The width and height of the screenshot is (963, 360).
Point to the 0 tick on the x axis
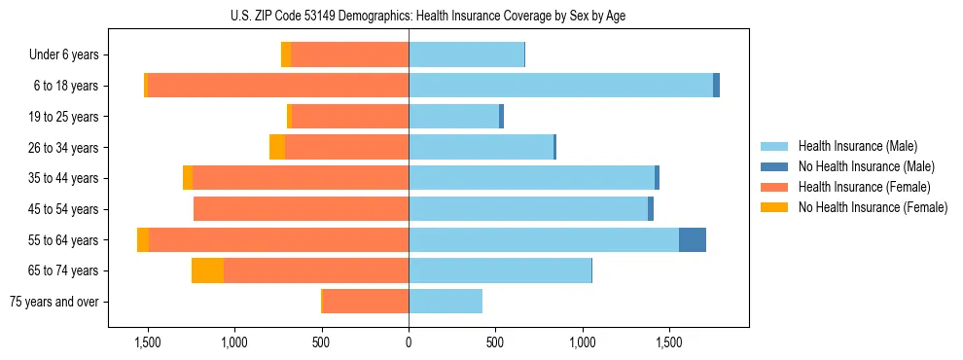pyautogui.click(x=409, y=342)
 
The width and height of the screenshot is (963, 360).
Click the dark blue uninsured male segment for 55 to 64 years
pyautogui.click(x=693, y=240)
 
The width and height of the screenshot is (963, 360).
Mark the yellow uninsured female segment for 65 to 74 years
pyautogui.click(x=207, y=270)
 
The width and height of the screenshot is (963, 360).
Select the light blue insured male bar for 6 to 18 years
pyautogui.click(x=560, y=86)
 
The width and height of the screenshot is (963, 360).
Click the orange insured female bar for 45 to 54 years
pyautogui.click(x=302, y=209)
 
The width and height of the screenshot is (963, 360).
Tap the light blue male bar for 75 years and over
pyautogui.click(x=446, y=302)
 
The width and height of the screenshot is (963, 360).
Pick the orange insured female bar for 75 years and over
pyautogui.click(x=366, y=302)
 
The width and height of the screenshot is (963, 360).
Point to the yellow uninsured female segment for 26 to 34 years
pyautogui.click(x=277, y=148)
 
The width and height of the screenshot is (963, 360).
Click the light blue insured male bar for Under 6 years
pyautogui.click(x=466, y=55)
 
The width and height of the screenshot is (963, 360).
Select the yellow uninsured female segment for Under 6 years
pyautogui.click(x=286, y=55)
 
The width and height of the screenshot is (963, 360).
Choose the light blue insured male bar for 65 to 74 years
pyautogui.click(x=500, y=270)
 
